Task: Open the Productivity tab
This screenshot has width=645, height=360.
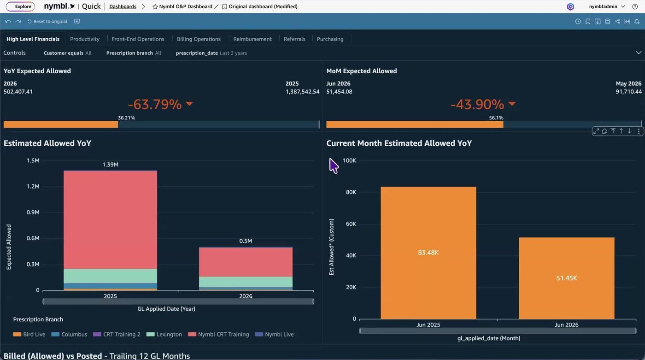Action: (x=85, y=39)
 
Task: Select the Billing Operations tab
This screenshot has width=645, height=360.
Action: (x=199, y=39)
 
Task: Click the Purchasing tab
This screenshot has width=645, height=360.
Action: (x=330, y=39)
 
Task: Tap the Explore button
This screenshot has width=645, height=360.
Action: (x=20, y=6)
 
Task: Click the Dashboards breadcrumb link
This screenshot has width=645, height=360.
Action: (x=123, y=6)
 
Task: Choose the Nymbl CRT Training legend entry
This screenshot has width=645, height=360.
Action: (x=218, y=334)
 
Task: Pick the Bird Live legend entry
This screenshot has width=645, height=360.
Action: (x=29, y=334)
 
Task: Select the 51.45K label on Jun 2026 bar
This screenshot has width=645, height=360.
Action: (x=566, y=278)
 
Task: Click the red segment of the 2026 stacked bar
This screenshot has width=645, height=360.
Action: (x=246, y=262)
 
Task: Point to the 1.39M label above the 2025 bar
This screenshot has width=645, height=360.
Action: (x=110, y=165)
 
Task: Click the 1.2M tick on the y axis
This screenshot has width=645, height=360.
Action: (x=33, y=186)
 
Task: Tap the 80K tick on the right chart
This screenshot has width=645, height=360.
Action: (x=351, y=192)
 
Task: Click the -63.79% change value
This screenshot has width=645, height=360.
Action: (x=155, y=104)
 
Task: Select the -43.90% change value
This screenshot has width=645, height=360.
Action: (x=477, y=104)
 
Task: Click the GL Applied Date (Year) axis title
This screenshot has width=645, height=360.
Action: (x=166, y=309)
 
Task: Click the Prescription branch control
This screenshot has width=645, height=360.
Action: (x=134, y=53)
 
